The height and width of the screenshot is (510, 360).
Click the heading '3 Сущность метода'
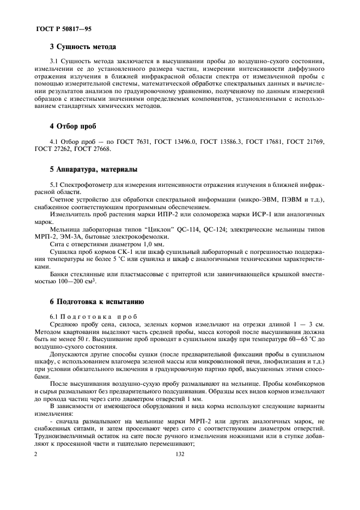tap(83, 47)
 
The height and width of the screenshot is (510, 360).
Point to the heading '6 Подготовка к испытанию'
tap(96, 301)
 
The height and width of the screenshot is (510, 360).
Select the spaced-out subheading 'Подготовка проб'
tap(97, 317)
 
